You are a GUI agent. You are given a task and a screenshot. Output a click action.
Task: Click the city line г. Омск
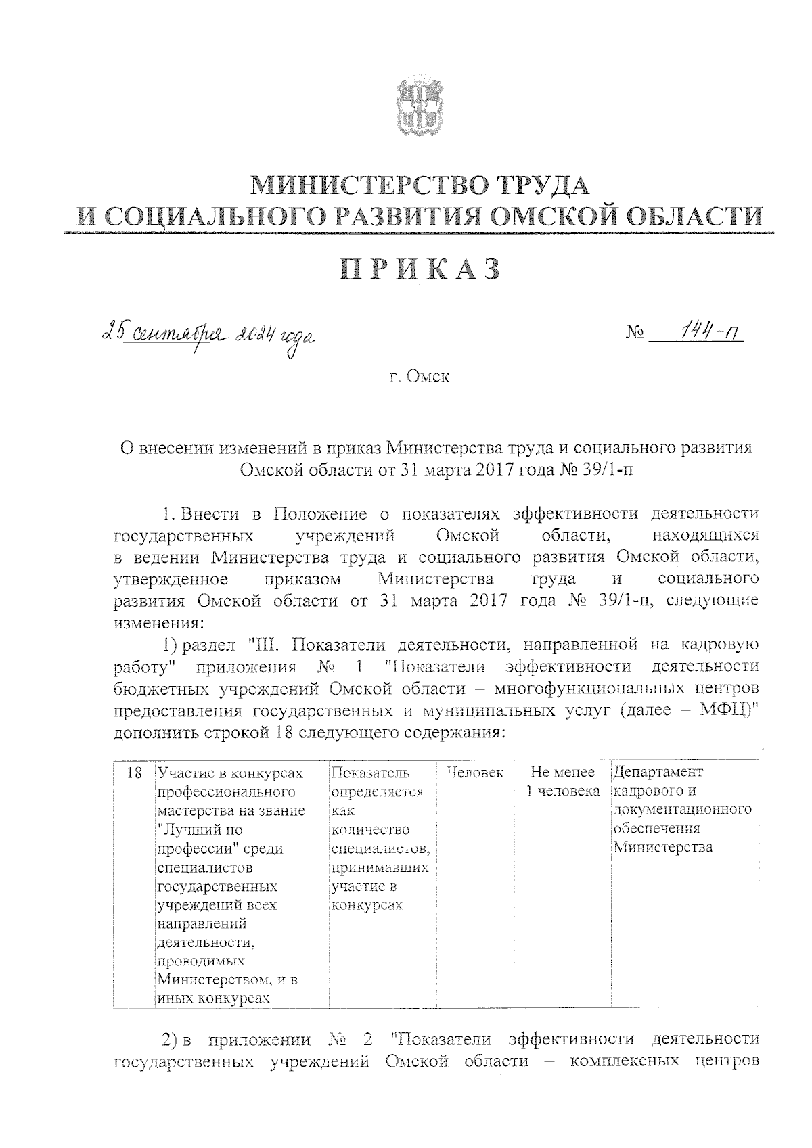(420, 377)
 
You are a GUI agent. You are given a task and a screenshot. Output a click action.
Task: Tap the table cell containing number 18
(134, 773)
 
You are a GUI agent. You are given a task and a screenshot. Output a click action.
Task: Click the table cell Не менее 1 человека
(563, 781)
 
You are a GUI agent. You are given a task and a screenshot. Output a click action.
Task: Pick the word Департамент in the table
(658, 773)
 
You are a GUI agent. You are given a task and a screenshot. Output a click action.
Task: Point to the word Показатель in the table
(371, 773)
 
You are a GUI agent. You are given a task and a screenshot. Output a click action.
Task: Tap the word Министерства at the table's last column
(662, 848)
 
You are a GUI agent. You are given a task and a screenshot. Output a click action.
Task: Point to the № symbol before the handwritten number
(635, 334)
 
